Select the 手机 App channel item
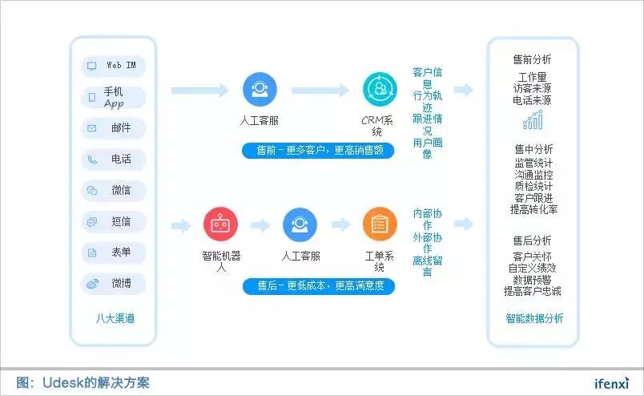pyautogui.click(x=114, y=97)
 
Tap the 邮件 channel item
pyautogui.click(x=114, y=128)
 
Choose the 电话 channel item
pyautogui.click(x=114, y=160)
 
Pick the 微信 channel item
pyautogui.click(x=114, y=191)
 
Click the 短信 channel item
pyautogui.click(x=114, y=221)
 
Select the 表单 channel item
pyautogui.click(x=114, y=253)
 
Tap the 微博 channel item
pyautogui.click(x=114, y=284)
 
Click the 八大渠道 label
pyautogui.click(x=115, y=318)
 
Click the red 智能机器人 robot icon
pyautogui.click(x=220, y=225)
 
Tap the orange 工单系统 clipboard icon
pyautogui.click(x=379, y=225)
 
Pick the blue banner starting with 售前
pyautogui.click(x=319, y=150)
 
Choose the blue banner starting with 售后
pyautogui.click(x=319, y=285)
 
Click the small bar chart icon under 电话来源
pyautogui.click(x=533, y=120)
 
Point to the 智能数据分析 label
pyautogui.click(x=533, y=318)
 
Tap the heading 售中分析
pyautogui.click(x=533, y=149)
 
